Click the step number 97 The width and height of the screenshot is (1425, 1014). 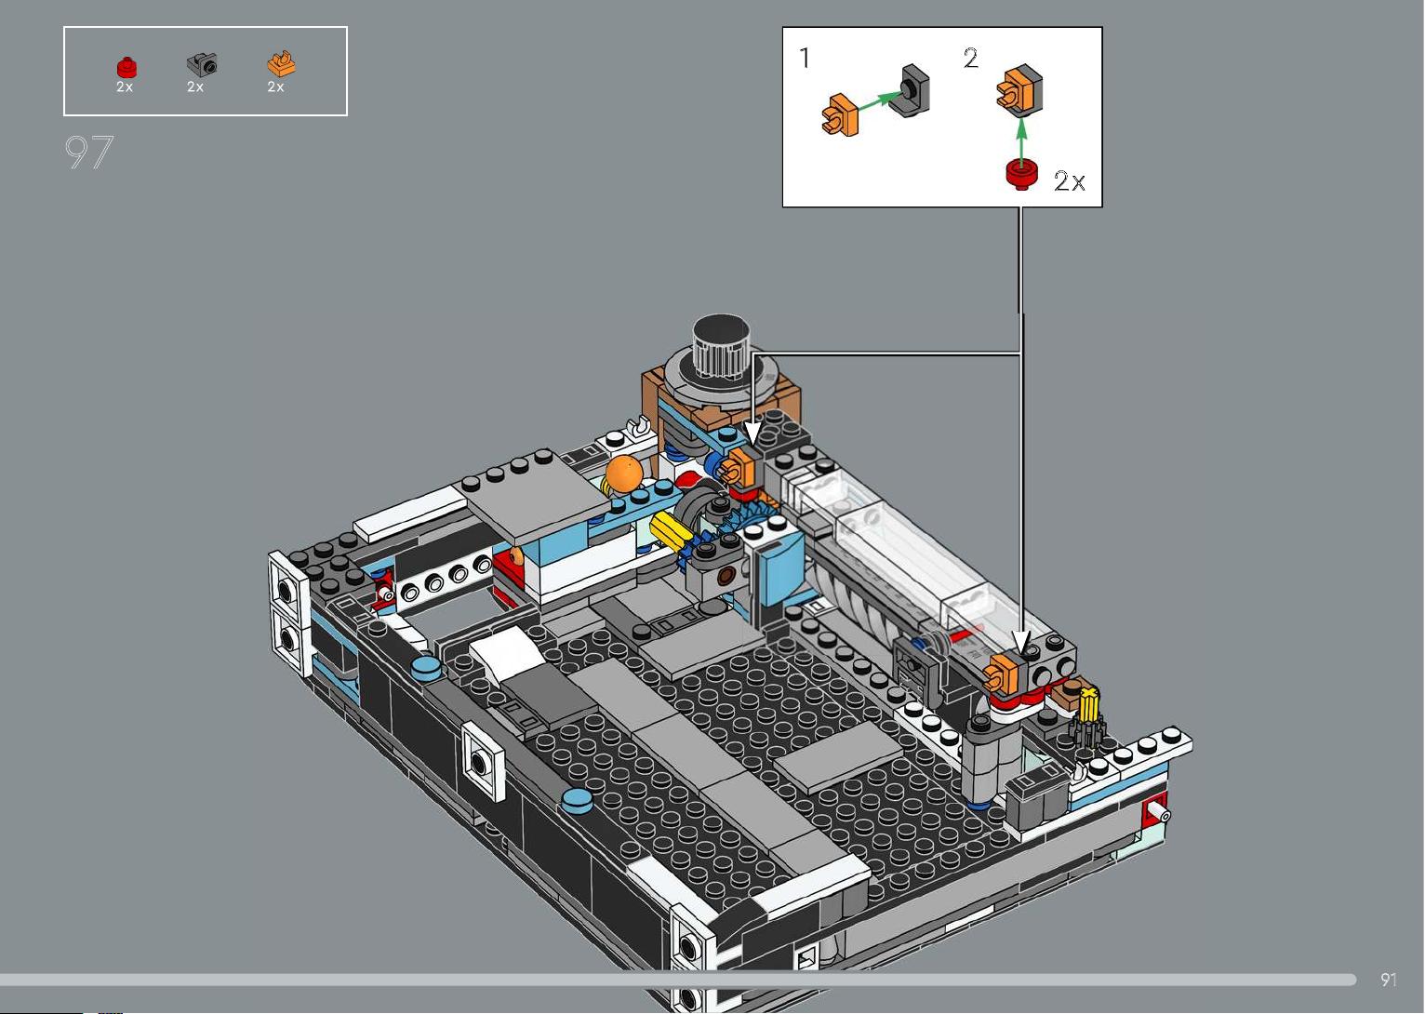[88, 152]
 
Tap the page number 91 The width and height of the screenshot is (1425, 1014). [1389, 979]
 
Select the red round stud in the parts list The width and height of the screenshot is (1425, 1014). [127, 67]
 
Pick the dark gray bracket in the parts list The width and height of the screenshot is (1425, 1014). [202, 64]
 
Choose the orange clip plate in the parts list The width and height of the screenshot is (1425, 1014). [281, 63]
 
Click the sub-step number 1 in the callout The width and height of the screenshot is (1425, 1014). [805, 58]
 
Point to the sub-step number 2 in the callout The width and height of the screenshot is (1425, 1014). [971, 58]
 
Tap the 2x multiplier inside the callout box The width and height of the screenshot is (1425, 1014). [1070, 181]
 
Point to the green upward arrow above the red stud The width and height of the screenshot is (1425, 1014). [1021, 140]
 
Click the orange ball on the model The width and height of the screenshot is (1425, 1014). [623, 474]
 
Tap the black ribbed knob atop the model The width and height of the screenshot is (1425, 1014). [721, 344]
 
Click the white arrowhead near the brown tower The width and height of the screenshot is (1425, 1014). [752, 434]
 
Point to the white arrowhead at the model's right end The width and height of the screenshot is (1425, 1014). [1021, 643]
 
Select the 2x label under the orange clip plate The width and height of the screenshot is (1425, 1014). [275, 87]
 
